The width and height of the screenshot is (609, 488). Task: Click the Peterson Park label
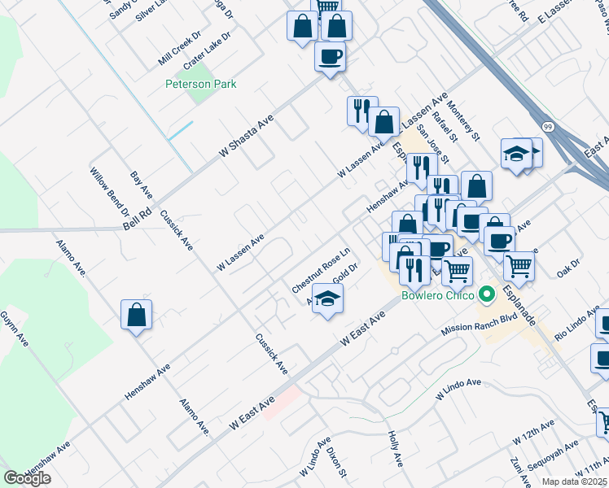[200, 84]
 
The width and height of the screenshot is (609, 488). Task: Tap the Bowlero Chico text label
[438, 295]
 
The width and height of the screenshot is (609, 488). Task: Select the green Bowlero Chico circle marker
[488, 294]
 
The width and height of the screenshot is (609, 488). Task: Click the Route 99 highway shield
[549, 126]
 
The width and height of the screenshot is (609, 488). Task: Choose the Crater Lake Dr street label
[208, 50]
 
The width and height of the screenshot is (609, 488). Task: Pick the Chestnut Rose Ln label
[320, 270]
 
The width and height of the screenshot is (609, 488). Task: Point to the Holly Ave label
[396, 448]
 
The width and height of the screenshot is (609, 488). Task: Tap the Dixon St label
[338, 460]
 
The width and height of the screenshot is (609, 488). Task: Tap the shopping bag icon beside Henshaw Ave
[137, 314]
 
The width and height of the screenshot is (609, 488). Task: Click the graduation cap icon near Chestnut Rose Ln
[327, 299]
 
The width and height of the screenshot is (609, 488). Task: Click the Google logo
[27, 478]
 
